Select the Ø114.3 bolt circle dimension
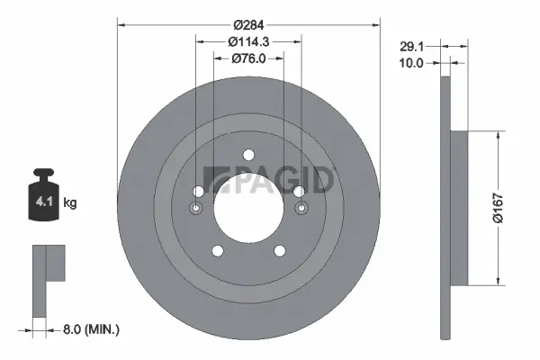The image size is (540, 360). point(249,40)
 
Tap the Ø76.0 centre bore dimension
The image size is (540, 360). point(249,58)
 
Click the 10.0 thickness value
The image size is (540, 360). point(413,63)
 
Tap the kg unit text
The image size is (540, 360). point(70,203)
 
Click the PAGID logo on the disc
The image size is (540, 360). point(270,180)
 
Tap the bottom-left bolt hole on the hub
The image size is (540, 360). point(217,250)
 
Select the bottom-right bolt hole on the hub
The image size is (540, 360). point(281,250)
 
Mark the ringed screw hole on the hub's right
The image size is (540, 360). point(301,210)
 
